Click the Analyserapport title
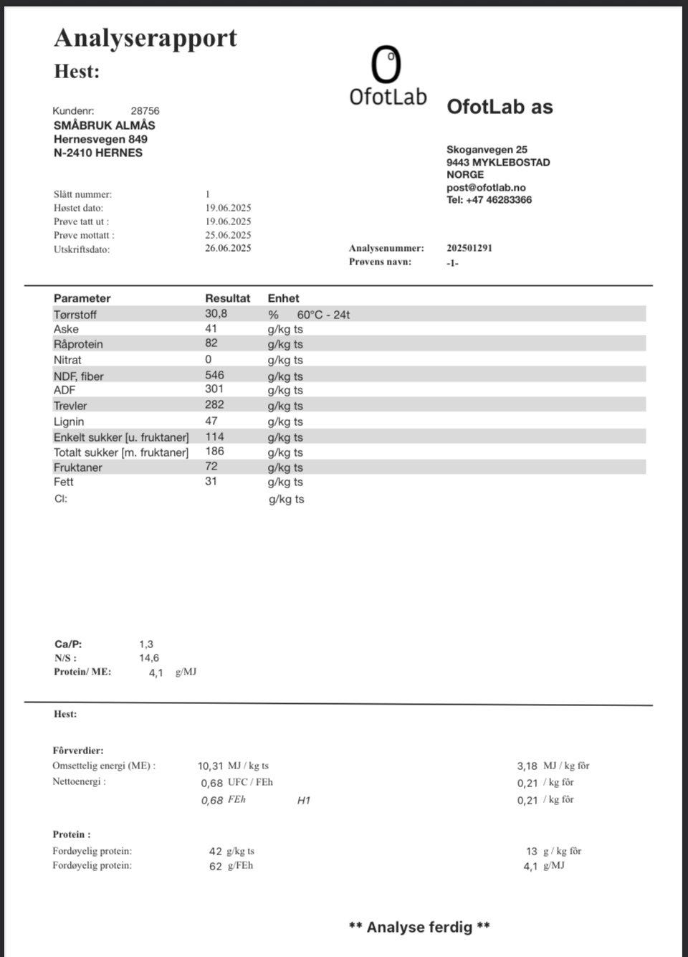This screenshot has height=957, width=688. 145,38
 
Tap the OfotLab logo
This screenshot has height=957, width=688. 387,77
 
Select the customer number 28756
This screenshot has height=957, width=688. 145,111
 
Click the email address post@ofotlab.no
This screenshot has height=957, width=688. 486,187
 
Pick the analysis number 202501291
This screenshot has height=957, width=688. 469,248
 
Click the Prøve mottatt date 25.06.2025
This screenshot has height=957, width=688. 228,234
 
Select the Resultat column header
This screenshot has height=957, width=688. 227,298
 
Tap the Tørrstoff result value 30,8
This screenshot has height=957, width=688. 216,313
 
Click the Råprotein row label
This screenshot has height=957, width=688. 78,344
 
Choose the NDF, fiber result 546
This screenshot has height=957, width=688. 214,375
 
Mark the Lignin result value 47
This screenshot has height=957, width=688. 211,421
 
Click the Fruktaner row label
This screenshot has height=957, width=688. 77,467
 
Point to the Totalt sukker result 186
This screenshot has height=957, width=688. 214,451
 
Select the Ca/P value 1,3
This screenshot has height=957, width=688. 146,644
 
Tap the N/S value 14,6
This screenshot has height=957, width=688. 149,657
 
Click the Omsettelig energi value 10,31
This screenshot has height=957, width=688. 211,766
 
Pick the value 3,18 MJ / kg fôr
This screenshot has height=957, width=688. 527,766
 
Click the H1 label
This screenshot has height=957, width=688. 304,800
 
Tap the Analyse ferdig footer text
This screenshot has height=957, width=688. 419,927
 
